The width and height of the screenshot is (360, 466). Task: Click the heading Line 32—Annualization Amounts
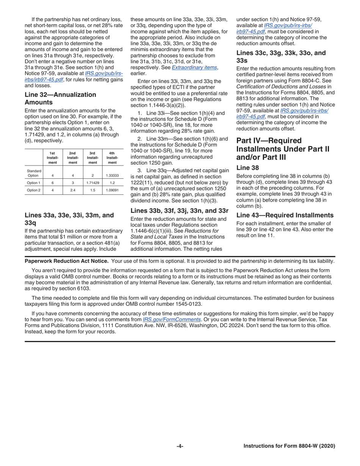[x=60, y=99]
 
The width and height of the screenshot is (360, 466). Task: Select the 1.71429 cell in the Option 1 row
[x=92, y=183]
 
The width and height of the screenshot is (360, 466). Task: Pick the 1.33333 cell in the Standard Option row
[x=112, y=175]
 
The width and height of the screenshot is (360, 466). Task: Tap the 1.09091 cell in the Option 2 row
[x=112, y=190]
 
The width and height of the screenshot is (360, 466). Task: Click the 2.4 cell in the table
[x=73, y=190]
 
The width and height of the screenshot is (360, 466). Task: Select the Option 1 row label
[x=33, y=183]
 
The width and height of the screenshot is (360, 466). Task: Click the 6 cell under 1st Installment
[x=52, y=183]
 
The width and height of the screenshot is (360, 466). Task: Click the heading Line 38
[x=248, y=167]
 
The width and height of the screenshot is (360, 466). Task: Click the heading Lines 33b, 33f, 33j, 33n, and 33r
[x=179, y=211]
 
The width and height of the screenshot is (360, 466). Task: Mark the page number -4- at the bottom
[x=180, y=446]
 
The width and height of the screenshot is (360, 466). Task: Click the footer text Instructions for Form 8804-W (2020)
[x=289, y=446]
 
